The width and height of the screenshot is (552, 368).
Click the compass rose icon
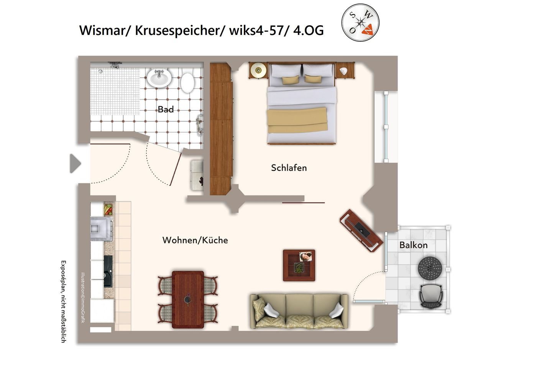[x=360, y=23]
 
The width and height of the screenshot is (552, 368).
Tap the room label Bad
[x=166, y=110]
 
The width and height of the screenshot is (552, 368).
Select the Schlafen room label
[x=289, y=168]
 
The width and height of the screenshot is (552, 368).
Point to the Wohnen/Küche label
[x=195, y=240]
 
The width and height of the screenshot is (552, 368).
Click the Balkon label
[x=413, y=245]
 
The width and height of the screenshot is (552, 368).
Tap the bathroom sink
[x=159, y=78]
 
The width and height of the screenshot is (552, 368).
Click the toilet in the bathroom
[x=187, y=82]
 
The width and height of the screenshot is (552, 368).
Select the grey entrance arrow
[x=75, y=164]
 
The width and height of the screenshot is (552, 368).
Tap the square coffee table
[x=299, y=265]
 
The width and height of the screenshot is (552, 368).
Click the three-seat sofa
[x=299, y=311]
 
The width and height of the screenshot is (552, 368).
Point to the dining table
[x=188, y=299]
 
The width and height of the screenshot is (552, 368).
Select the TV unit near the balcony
[x=361, y=230]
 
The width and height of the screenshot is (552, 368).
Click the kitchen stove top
[x=101, y=229]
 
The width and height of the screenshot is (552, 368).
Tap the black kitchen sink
[x=108, y=271]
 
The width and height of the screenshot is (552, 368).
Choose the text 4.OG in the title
[x=308, y=30]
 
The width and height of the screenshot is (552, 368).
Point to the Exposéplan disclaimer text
[x=64, y=301]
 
